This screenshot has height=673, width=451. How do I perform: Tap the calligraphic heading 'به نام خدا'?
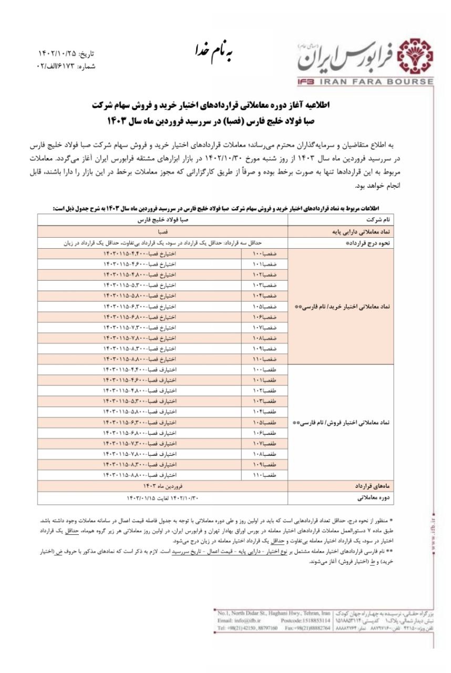coord(213,51)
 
